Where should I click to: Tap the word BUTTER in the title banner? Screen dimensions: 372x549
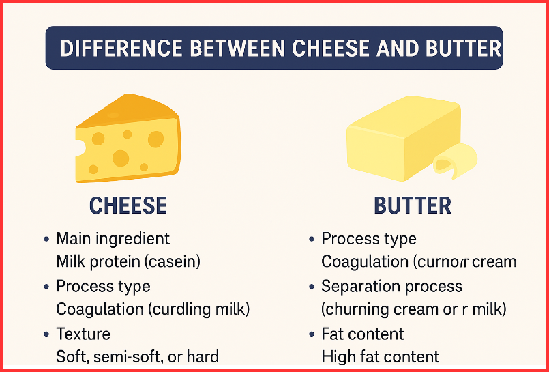[x=463, y=48]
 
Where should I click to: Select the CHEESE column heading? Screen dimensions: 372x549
[x=128, y=205]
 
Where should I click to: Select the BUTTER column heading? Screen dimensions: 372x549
[x=413, y=205]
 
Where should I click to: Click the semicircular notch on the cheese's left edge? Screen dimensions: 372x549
[x=80, y=147]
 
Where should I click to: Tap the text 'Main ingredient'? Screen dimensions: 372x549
[x=113, y=239]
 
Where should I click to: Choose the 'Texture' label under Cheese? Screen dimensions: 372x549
[x=83, y=334]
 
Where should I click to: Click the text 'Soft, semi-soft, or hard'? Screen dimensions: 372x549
[x=137, y=356]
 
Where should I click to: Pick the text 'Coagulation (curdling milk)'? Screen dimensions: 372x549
[x=153, y=309]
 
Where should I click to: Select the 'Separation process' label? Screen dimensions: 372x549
[x=391, y=286]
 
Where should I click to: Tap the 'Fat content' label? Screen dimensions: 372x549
[x=362, y=334]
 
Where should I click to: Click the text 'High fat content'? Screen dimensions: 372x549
[x=380, y=356]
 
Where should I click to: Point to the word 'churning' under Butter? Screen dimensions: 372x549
[x=359, y=309]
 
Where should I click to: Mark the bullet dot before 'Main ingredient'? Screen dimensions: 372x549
[x=46, y=240]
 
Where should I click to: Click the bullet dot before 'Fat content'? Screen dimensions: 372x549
[x=312, y=334]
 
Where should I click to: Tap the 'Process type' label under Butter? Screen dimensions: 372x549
[x=368, y=239]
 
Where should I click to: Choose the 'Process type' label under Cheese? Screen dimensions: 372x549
[x=103, y=286]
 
